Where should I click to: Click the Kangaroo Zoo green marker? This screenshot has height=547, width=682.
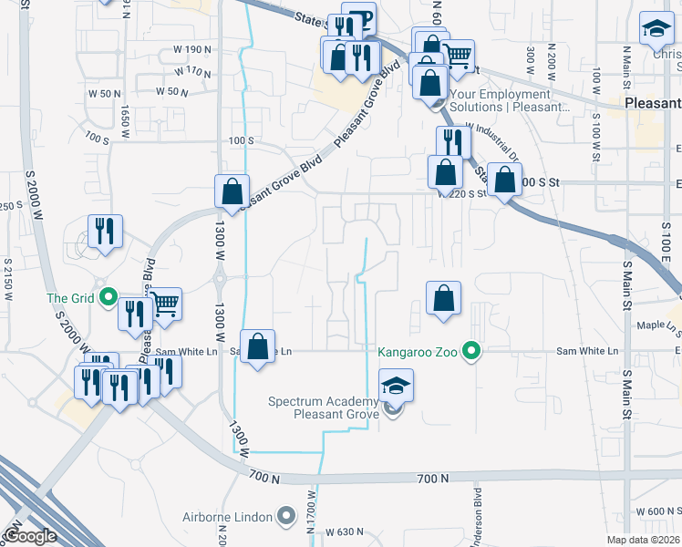coord(471,350)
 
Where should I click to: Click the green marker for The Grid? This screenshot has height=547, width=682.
coord(108,296)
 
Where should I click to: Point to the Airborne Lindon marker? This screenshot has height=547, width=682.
coord(287,518)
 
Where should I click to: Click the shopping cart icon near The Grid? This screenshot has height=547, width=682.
coord(164,304)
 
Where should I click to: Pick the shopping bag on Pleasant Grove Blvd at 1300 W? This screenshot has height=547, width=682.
coord(232,192)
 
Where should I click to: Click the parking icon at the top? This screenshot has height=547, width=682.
coord(361,19)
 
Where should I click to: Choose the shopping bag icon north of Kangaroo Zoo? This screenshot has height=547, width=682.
coord(443,298)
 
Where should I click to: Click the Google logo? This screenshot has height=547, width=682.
coord(30,536)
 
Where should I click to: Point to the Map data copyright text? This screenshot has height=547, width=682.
coord(643,540)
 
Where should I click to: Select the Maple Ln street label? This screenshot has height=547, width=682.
coord(661,325)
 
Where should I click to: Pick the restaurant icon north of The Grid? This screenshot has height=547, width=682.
coord(105,232)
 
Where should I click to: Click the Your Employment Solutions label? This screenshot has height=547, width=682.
coord(501,100)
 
